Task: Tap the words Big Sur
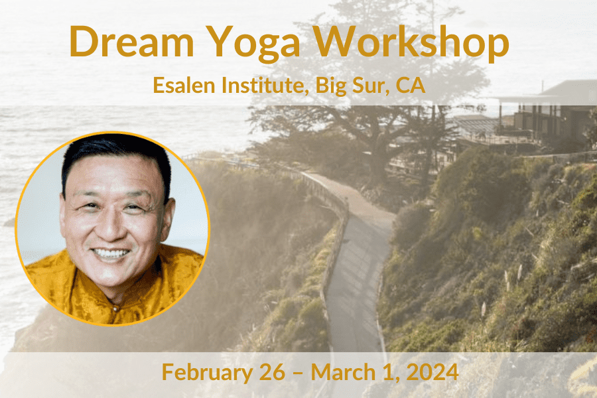pos(352,85)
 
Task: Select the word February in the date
pos(206,372)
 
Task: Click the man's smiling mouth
pos(111,253)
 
